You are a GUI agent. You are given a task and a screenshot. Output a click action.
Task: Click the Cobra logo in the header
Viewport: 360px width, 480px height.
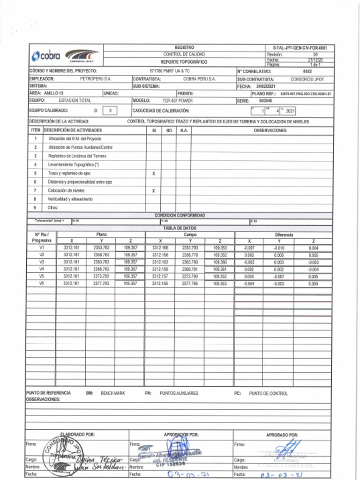click(x=46, y=56)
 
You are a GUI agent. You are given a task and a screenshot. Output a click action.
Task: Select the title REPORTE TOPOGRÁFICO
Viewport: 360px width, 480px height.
click(x=184, y=62)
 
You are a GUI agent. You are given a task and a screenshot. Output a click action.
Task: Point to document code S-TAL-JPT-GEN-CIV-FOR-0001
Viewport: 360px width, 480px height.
click(x=300, y=48)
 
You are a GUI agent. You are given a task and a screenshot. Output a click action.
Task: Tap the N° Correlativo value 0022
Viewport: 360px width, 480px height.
click(x=307, y=71)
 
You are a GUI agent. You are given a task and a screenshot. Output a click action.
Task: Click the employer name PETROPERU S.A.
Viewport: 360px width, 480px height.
click(x=96, y=79)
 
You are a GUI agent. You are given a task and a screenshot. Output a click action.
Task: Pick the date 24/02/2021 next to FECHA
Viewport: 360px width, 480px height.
click(x=266, y=87)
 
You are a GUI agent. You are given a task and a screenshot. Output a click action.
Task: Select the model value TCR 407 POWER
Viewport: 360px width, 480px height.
click(x=177, y=100)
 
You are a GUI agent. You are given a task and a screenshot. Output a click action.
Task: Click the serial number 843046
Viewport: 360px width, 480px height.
click(x=265, y=100)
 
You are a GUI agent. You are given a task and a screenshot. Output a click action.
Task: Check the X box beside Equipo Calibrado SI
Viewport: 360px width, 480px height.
click(x=110, y=111)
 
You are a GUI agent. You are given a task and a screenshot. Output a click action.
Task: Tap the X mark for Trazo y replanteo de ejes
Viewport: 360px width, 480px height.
click(x=154, y=173)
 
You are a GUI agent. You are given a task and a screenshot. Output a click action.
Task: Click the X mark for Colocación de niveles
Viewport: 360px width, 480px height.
click(x=154, y=191)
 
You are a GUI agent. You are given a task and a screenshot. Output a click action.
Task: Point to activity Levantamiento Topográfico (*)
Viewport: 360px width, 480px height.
click(x=73, y=165)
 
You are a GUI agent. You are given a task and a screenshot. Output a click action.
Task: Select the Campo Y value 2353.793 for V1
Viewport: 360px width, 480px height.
click(x=190, y=247)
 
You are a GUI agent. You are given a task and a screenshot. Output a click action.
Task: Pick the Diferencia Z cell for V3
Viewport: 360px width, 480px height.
click(x=313, y=262)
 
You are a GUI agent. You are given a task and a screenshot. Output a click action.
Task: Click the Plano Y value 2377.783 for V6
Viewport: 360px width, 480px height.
click(x=101, y=284)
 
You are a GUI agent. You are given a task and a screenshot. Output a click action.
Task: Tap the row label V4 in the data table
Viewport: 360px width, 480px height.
click(x=42, y=270)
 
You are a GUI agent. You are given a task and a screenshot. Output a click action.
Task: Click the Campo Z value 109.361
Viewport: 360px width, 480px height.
click(x=220, y=270)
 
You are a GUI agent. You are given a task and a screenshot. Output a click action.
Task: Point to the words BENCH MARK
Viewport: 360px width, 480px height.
click(x=112, y=393)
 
